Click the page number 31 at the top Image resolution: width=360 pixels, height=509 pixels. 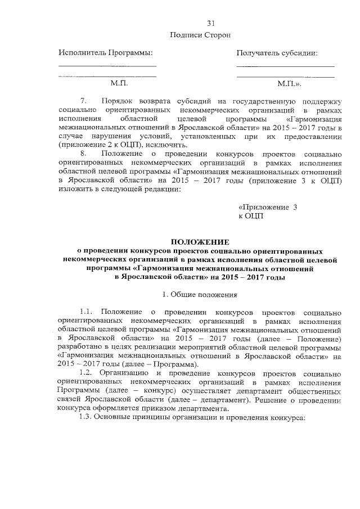click(211, 24)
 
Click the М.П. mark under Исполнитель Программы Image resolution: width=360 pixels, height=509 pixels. click(120, 83)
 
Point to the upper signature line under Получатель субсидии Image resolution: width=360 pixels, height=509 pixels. click(285, 66)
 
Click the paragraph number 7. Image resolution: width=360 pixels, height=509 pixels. click(85, 102)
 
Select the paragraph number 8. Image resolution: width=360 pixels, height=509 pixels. click(84, 153)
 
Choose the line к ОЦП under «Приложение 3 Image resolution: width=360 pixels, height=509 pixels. click(251, 215)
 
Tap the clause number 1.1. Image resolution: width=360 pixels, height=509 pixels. click(89, 312)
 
